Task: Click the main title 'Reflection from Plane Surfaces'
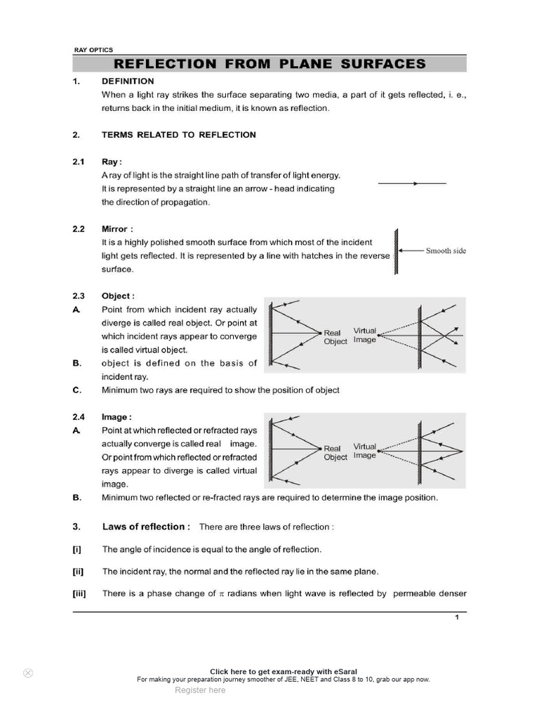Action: coord(270,64)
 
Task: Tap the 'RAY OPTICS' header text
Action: coord(93,50)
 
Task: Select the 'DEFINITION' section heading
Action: coord(128,81)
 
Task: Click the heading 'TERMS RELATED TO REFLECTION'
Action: coord(178,135)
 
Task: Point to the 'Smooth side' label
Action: coord(446,251)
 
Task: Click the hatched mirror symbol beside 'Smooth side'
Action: coord(396,251)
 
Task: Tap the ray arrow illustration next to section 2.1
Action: coord(413,183)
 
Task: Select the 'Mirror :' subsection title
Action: coord(117,229)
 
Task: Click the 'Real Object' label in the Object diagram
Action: coord(335,337)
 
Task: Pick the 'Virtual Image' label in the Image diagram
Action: coord(365,451)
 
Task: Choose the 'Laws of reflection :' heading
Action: coord(146,527)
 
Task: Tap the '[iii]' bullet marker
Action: coord(79,593)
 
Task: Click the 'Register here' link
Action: coord(200,690)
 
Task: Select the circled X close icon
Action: coord(28,673)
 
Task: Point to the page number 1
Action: coord(457,617)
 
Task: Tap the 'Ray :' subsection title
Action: coord(112,161)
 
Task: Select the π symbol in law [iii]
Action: coord(220,594)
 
